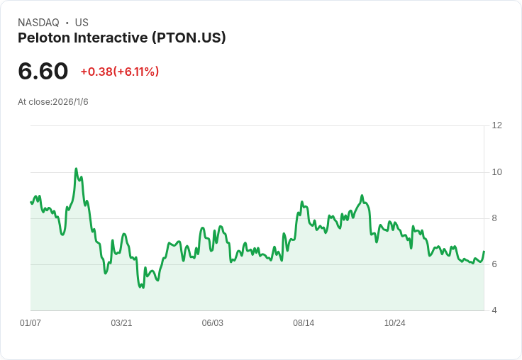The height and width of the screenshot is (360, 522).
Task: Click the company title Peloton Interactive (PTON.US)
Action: tap(122, 38)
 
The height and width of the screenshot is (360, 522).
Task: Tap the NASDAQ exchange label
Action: tap(38, 23)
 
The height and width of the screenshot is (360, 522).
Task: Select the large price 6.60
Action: tap(43, 71)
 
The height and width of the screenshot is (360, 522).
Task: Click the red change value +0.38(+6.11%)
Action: tap(119, 72)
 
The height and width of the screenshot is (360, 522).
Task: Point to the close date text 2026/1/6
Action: tap(70, 102)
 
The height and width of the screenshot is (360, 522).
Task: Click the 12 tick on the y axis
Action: tap(496, 125)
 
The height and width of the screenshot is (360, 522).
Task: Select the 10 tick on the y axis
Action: tap(496, 172)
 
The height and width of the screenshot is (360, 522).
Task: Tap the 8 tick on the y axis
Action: tap(494, 218)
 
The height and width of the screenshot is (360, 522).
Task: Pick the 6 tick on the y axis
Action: tap(494, 264)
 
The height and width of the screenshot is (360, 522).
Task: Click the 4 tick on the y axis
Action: tap(494, 310)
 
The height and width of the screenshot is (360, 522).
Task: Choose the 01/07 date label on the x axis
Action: tap(30, 323)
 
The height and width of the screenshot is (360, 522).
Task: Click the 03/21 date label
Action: tap(121, 323)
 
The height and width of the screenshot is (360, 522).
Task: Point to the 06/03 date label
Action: tap(212, 323)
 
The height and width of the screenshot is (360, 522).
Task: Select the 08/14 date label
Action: tap(304, 323)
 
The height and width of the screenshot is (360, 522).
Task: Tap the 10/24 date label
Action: tap(394, 323)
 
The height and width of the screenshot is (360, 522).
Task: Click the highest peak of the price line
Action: tap(76, 169)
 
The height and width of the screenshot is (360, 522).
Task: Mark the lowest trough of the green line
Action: tap(143, 288)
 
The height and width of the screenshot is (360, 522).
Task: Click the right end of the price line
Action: tap(484, 252)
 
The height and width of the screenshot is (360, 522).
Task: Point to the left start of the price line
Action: tap(30, 203)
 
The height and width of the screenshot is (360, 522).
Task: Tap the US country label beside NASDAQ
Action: tap(82, 23)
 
